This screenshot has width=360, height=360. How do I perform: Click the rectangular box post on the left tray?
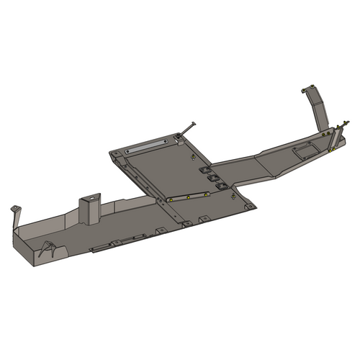[89, 208]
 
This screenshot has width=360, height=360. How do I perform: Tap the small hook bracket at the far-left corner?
[14, 213]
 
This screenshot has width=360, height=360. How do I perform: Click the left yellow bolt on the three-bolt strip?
[170, 199]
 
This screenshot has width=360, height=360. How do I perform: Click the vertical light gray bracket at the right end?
[335, 140]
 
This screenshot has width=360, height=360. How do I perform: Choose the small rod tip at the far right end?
[344, 124]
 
